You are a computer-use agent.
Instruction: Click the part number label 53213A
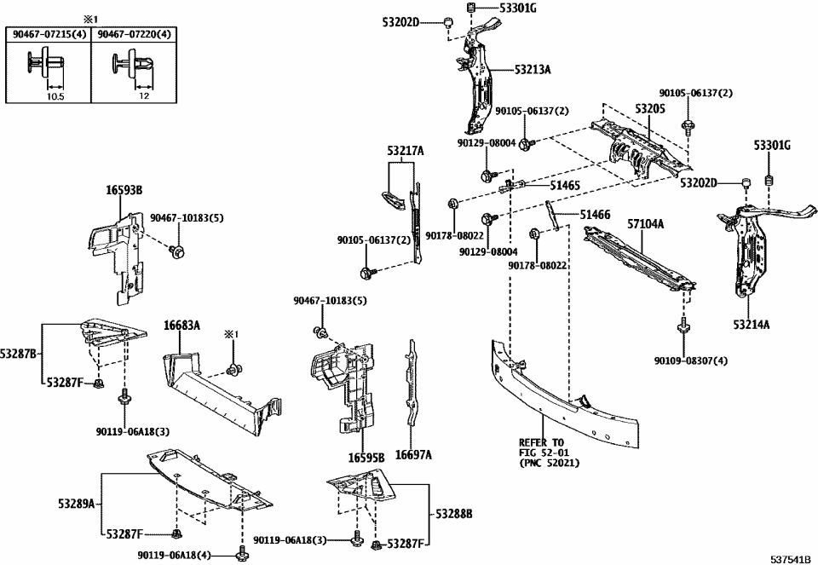(532, 70)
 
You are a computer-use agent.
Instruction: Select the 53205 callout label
(648, 109)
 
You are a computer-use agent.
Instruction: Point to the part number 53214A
(752, 324)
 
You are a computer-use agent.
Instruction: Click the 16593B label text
(124, 190)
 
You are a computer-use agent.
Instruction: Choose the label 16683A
(181, 325)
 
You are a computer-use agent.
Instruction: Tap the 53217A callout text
(405, 152)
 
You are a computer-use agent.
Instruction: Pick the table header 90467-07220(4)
(133, 34)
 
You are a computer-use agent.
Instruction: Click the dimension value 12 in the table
(144, 96)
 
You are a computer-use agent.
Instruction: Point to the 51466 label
(595, 215)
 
